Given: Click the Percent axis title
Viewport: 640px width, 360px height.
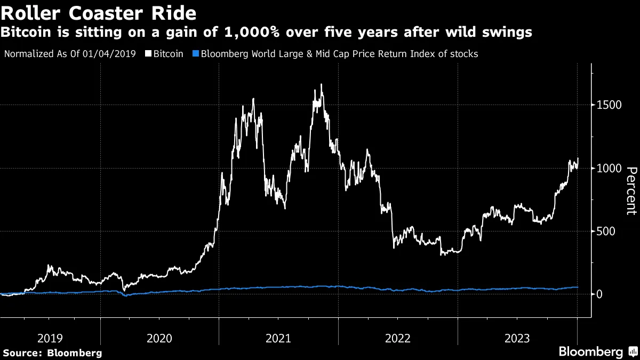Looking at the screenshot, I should (631, 191).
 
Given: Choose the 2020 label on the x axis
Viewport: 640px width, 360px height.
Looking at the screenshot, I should (159, 338).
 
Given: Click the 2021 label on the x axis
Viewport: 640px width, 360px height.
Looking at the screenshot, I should (278, 338).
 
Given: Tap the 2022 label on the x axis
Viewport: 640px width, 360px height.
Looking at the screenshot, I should (398, 338).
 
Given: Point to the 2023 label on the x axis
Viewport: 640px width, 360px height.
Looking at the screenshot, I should (517, 338).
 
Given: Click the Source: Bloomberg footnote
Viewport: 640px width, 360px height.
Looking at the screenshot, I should (52, 353).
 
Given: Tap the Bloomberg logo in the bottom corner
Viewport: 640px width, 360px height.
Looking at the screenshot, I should (590, 351).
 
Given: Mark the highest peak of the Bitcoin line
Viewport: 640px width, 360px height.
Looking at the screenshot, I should (321, 84).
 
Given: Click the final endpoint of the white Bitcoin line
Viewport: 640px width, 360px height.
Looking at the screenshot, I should (578, 158).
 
